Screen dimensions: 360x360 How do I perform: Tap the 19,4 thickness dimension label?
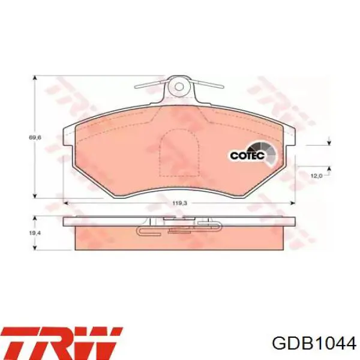coord(35,233)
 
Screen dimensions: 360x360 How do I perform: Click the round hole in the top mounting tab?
coord(178,86)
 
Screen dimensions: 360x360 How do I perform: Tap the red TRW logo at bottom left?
coord(63,341)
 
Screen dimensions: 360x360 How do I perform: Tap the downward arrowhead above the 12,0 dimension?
coord(329,142)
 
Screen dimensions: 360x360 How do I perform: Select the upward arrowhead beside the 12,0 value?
coord(329,167)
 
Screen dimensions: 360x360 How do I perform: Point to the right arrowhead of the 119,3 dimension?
coord(296,203)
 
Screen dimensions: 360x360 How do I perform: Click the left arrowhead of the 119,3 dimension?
coord(65,203)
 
